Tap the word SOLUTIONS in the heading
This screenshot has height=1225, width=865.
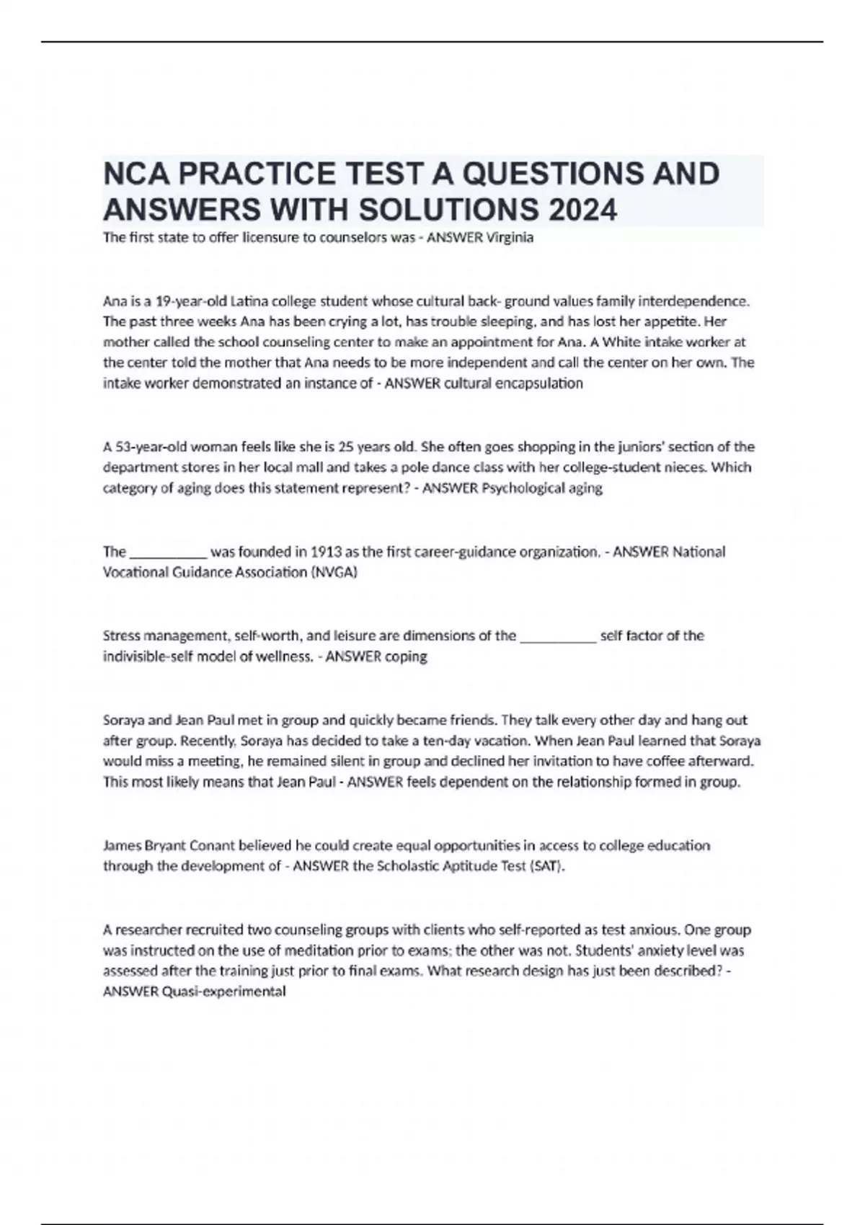click(x=448, y=210)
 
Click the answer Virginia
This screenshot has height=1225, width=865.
click(x=510, y=238)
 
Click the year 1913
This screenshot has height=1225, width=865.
click(x=326, y=552)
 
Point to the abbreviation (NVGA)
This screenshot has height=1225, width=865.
click(x=334, y=572)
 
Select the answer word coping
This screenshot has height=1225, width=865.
click(x=406, y=656)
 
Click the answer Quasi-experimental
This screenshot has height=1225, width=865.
click(x=223, y=992)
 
